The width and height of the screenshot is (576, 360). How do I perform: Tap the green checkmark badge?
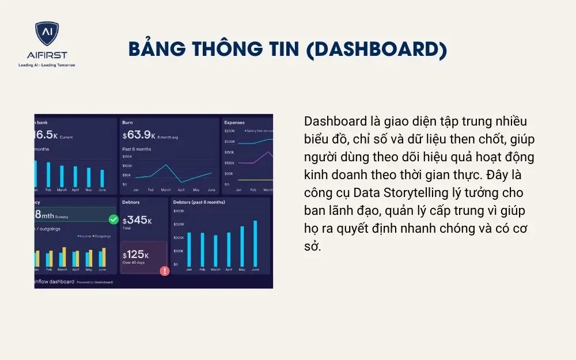tap(113, 219)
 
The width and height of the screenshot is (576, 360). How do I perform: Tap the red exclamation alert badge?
tap(165, 271)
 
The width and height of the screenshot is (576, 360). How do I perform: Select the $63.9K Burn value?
tap(138, 135)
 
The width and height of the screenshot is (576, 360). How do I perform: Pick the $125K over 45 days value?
tap(136, 255)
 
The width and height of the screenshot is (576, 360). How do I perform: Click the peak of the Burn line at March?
tap(166, 165)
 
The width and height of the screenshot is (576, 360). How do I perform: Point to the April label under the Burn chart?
tap(181, 190)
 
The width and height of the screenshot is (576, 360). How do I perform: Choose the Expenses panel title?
tap(234, 123)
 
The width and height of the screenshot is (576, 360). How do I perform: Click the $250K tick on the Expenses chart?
tap(229, 131)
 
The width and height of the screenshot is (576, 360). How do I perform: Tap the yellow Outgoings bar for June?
tap(104, 257)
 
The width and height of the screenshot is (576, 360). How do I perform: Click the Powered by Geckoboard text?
tap(93, 282)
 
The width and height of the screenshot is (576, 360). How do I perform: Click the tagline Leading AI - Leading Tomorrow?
tap(47, 65)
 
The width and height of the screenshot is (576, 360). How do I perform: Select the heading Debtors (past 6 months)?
tap(199, 202)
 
